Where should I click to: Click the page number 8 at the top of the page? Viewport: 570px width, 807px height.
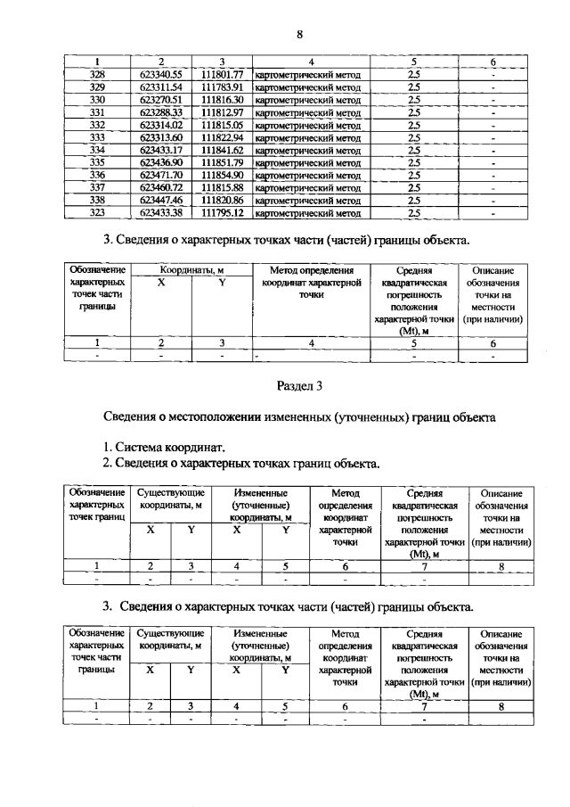[300, 34]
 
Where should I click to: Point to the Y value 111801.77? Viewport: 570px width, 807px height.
[223, 75]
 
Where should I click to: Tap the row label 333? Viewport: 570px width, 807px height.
[98, 138]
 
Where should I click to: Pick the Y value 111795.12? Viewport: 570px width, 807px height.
[223, 214]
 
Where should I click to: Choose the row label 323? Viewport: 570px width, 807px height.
[98, 214]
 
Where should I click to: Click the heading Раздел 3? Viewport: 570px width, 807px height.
[299, 386]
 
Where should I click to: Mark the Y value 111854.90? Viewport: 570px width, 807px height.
[223, 176]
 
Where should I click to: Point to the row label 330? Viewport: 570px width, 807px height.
[98, 100]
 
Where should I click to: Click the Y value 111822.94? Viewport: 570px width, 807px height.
[223, 138]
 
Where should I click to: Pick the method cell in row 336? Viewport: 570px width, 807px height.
[307, 176]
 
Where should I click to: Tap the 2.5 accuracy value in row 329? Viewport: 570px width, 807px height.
[413, 87]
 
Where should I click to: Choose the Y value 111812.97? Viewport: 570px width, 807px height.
[223, 112]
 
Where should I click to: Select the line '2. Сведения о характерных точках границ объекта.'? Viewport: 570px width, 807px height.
[240, 463]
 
